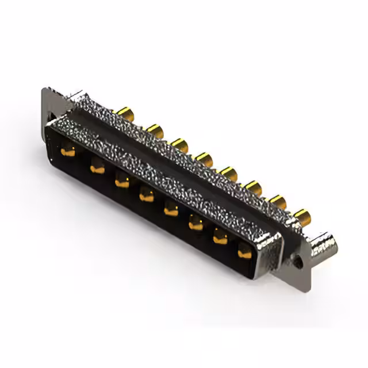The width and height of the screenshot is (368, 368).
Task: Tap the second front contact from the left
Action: [97, 168]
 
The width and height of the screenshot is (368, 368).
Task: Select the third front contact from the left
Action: [122, 183]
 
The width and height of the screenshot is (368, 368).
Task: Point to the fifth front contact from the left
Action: [171, 210]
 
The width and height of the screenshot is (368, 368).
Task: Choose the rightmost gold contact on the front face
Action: [245, 252]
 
